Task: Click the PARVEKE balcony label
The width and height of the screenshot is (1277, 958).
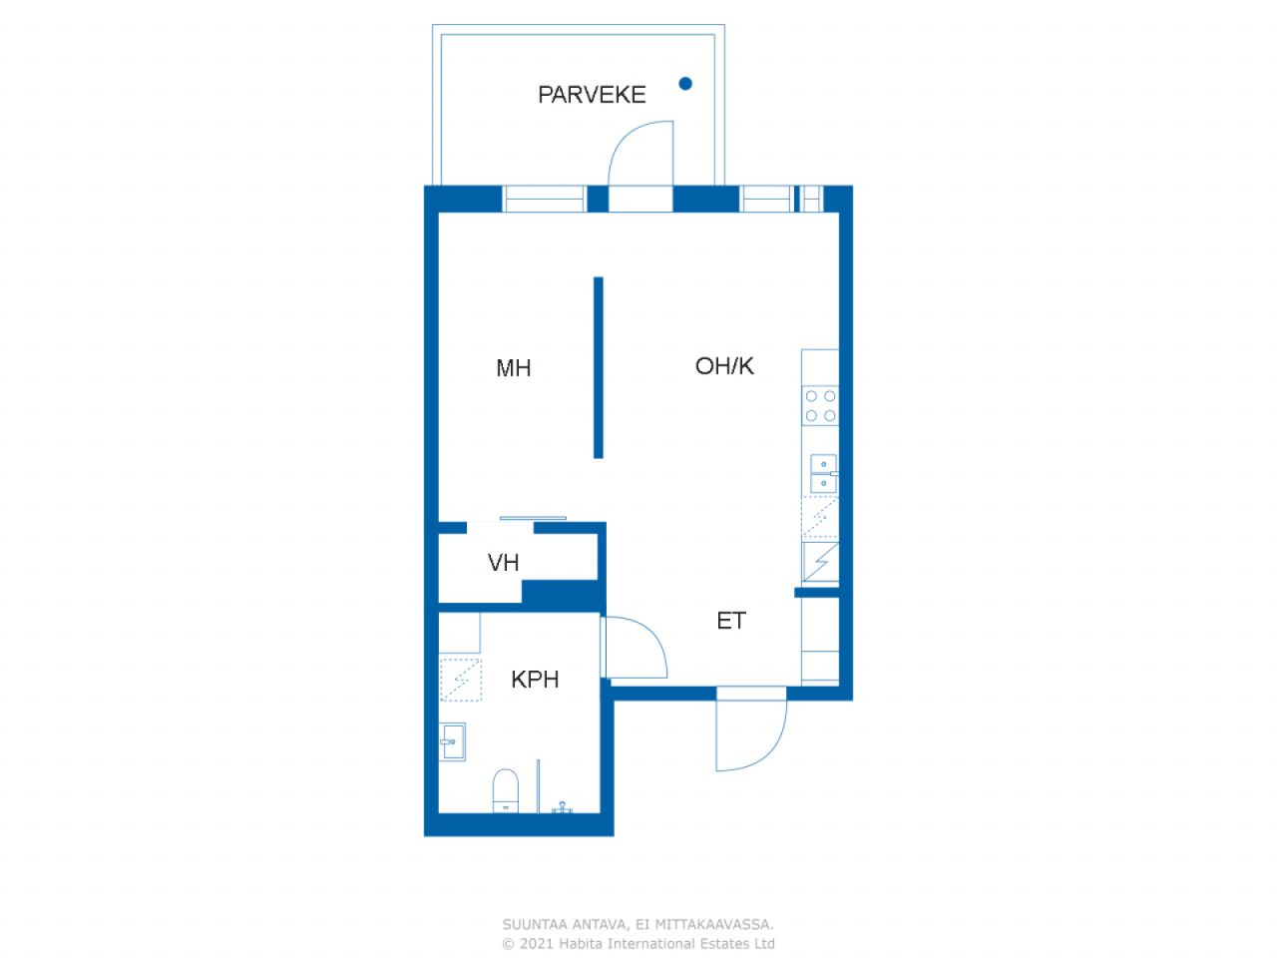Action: pos(592,95)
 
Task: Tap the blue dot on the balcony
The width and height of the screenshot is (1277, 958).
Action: pos(685,84)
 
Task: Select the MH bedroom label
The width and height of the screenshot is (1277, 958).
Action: pos(513,368)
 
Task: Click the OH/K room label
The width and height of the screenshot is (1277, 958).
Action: pos(724,366)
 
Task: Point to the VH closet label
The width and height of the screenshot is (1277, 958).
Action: pos(503,563)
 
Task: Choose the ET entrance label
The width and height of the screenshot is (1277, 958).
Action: pos(730,621)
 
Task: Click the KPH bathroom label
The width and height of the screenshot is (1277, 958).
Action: pos(535,680)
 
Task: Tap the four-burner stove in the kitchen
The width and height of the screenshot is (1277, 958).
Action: pos(820,406)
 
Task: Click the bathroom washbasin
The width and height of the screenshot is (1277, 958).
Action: pos(452,741)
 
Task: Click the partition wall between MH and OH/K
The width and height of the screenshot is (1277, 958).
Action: pos(599,367)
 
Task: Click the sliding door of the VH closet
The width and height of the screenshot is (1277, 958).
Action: pos(533,518)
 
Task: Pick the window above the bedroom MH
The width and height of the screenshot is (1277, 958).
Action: pos(544,199)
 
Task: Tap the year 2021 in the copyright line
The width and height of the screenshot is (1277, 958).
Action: pos(537,943)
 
